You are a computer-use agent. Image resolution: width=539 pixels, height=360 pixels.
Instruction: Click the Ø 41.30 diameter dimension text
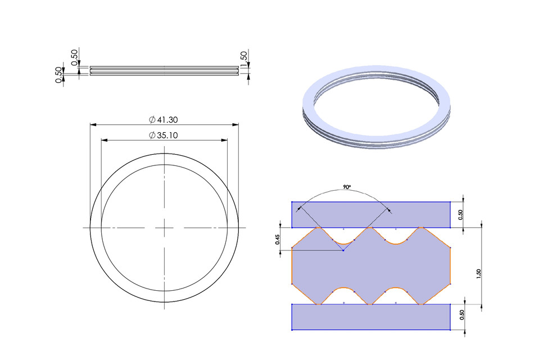(164, 120)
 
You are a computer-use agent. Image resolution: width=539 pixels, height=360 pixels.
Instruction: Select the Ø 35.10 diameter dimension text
(164, 135)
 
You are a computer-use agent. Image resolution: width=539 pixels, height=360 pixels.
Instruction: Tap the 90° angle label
(347, 186)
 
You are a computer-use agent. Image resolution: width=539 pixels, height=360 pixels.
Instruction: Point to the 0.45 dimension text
(277, 240)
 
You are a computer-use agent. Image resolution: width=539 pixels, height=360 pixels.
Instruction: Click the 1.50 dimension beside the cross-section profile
(478, 274)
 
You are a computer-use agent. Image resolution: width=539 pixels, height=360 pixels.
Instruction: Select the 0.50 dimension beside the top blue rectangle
(461, 214)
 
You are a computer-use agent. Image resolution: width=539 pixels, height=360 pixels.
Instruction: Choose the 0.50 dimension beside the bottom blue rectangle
(461, 317)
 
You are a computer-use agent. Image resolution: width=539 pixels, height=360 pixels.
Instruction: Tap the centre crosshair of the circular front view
(164, 228)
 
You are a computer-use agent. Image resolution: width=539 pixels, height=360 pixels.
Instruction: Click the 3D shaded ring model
(377, 109)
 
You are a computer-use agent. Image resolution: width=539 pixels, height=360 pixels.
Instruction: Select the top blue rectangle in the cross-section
(371, 214)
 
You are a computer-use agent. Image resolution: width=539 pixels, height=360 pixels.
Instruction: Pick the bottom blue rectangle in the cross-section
(371, 317)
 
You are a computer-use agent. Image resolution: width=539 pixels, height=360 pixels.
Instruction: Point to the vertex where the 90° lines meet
(343, 250)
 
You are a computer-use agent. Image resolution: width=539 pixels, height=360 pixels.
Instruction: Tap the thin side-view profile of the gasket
(163, 70)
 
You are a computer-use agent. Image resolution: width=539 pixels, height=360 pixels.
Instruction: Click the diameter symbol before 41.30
(152, 120)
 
